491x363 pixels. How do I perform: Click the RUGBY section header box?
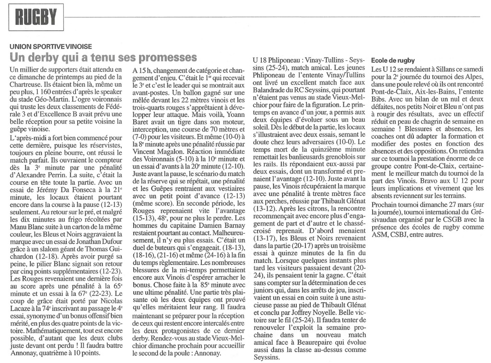(x=36, y=18)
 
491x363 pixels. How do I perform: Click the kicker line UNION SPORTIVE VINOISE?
(x=51, y=46)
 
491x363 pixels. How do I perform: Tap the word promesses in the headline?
(x=167, y=57)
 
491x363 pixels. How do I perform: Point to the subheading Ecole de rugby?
(x=393, y=61)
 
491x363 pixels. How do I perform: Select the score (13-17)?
(x=266, y=238)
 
